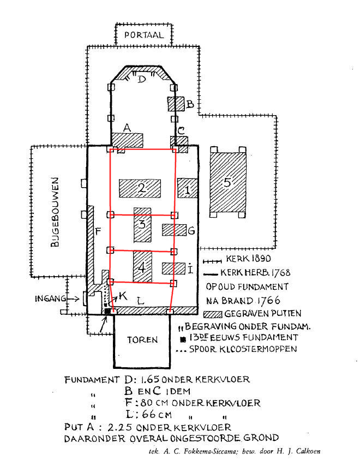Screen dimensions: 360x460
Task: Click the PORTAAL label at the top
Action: click(143, 35)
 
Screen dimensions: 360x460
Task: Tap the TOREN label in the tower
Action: click(142, 340)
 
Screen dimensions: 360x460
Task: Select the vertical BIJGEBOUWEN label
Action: click(55, 212)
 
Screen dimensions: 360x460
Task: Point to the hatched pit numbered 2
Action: click(140, 188)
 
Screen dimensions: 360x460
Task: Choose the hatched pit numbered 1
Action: click(187, 188)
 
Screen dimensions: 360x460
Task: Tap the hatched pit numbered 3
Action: click(142, 225)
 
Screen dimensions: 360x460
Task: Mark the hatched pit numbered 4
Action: click(142, 266)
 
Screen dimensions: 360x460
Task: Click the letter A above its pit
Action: click(127, 128)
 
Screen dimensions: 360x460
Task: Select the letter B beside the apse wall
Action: click(190, 104)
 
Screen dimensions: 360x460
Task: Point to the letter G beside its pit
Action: click(191, 231)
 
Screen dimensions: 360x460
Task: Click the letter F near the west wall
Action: click(98, 231)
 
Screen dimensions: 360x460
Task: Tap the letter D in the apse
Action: click(142, 79)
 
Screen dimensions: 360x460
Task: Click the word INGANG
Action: click(50, 298)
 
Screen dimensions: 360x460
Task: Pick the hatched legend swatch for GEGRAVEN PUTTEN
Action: click(213, 314)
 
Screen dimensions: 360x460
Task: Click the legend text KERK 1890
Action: click(248, 259)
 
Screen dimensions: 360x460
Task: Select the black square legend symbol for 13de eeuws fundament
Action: click(183, 339)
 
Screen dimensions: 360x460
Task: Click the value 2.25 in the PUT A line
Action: click(119, 427)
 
